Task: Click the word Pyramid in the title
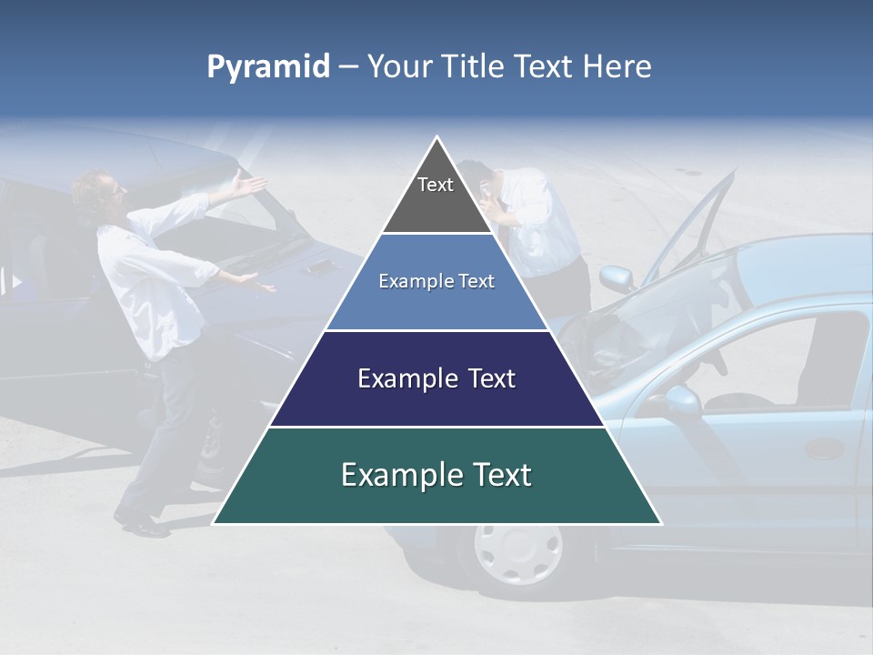[x=267, y=66]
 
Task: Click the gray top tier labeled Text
[x=436, y=191]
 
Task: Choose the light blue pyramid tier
[x=436, y=282]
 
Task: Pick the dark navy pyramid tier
[x=436, y=378]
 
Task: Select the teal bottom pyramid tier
[x=436, y=476]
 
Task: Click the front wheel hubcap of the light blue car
[x=517, y=550]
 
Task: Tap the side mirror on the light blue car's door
[x=680, y=400]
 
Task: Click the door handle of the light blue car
[x=824, y=448]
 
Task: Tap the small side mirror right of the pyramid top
[x=616, y=277]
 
